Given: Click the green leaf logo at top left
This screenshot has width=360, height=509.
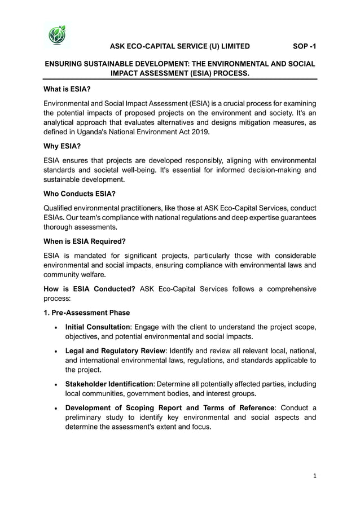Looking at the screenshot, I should pos(57,36).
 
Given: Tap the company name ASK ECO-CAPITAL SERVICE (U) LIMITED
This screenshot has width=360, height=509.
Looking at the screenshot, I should pos(179,47).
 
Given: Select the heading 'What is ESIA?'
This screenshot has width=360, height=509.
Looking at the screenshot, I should pos(67,89).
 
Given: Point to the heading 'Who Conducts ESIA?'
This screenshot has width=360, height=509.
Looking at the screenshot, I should pos(80,194).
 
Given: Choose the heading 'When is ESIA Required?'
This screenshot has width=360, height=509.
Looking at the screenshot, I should pos(85,242).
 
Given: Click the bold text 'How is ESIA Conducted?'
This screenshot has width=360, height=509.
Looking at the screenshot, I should pos(89,289).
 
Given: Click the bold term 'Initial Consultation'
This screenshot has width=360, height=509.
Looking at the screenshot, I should pos(98,327).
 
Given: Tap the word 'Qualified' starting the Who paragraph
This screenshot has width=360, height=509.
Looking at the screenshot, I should pos(60,208).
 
